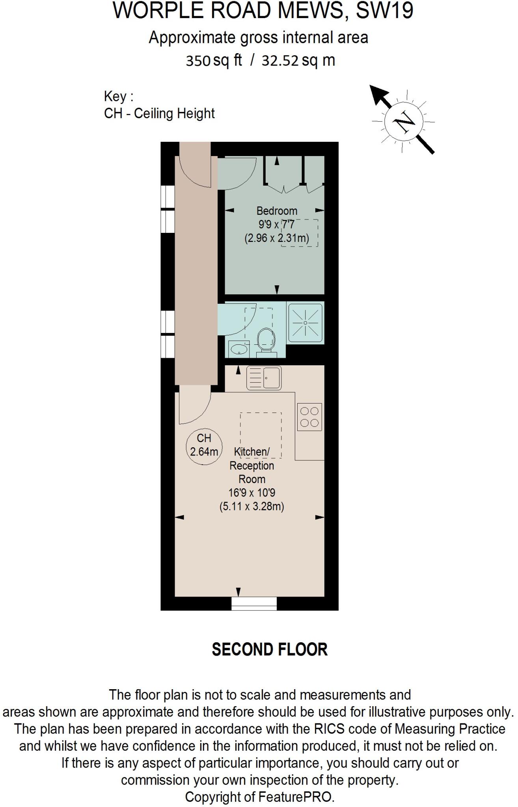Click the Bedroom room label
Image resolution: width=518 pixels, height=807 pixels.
point(277,211)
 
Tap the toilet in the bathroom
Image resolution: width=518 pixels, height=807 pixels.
point(266,340)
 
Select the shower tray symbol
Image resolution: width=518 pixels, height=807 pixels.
point(306,323)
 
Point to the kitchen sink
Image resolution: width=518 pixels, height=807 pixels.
point(264,378)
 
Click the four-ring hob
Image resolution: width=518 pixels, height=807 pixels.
point(309,417)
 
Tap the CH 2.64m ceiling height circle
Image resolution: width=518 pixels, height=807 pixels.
point(204,445)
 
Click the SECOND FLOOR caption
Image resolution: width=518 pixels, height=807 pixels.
point(270,649)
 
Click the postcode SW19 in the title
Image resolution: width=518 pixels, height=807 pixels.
point(384,11)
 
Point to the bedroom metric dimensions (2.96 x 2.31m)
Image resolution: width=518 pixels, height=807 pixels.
point(277,238)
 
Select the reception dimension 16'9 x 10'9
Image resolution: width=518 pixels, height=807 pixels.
point(252,493)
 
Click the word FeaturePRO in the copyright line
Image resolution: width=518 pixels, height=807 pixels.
point(296,797)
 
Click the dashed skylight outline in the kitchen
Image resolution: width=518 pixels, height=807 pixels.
point(261,435)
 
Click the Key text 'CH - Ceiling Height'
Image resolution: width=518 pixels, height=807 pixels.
point(159,113)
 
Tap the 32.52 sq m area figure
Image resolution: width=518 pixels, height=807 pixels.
point(298,61)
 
